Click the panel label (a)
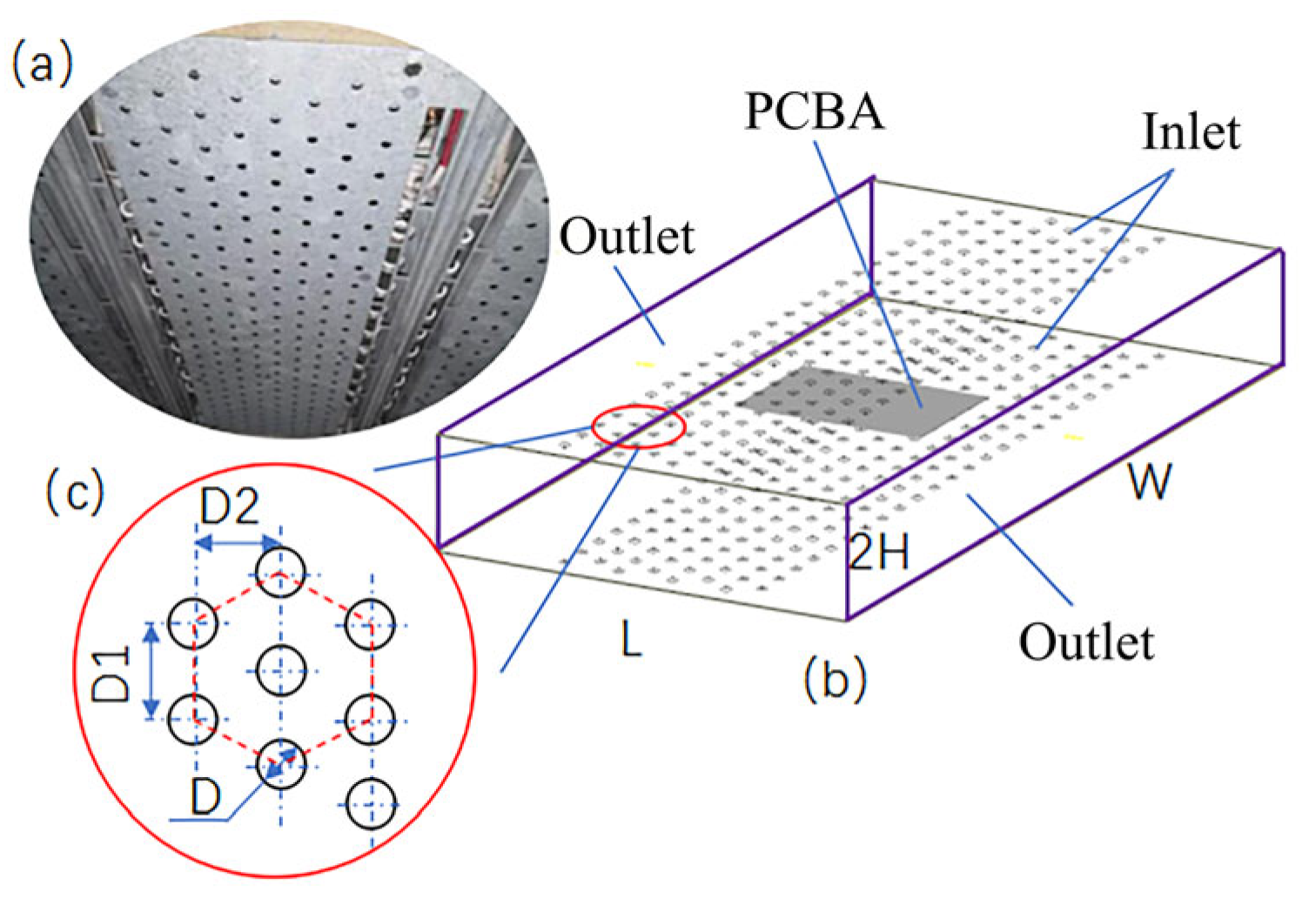pyautogui.click(x=41, y=65)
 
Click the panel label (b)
pyautogui.click(x=836, y=680)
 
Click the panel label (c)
pyautogui.click(x=75, y=493)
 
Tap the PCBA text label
pyautogui.click(x=814, y=113)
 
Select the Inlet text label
pyautogui.click(x=1191, y=133)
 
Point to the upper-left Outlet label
pyautogui.click(x=627, y=238)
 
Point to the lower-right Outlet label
pyautogui.click(x=1087, y=643)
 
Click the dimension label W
pyautogui.click(x=1150, y=482)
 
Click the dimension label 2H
pyautogui.click(x=879, y=552)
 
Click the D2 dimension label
pyautogui.click(x=230, y=507)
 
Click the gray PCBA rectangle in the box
pyautogui.click(x=862, y=400)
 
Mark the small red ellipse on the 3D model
pyautogui.click(x=638, y=426)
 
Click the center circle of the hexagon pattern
pyautogui.click(x=281, y=671)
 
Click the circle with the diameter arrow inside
pyautogui.click(x=281, y=764)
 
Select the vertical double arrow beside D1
pyautogui.click(x=152, y=671)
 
